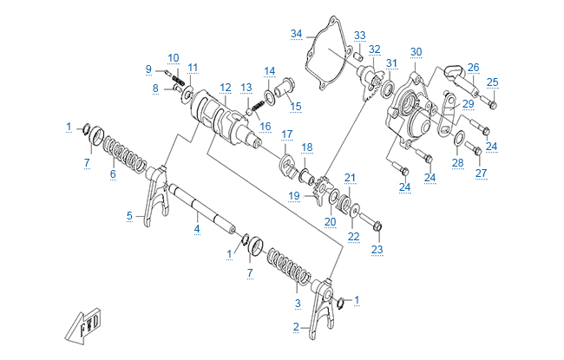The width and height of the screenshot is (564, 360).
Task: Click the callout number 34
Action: (296, 34)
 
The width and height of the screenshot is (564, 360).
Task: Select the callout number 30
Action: (416, 52)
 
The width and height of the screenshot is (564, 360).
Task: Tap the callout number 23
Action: (377, 249)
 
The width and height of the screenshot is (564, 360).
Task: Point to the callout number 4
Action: (197, 228)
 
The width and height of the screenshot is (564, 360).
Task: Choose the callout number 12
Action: (225, 88)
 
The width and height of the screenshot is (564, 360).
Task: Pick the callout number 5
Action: (130, 215)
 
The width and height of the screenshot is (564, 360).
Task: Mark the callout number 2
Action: (296, 327)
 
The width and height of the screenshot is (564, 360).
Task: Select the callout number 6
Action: (113, 173)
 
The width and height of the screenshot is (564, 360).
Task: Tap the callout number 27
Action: (481, 172)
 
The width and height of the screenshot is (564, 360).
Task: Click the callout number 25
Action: (492, 82)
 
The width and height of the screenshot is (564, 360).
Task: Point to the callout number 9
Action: (148, 69)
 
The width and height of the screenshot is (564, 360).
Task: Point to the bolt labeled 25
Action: (488, 101)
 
